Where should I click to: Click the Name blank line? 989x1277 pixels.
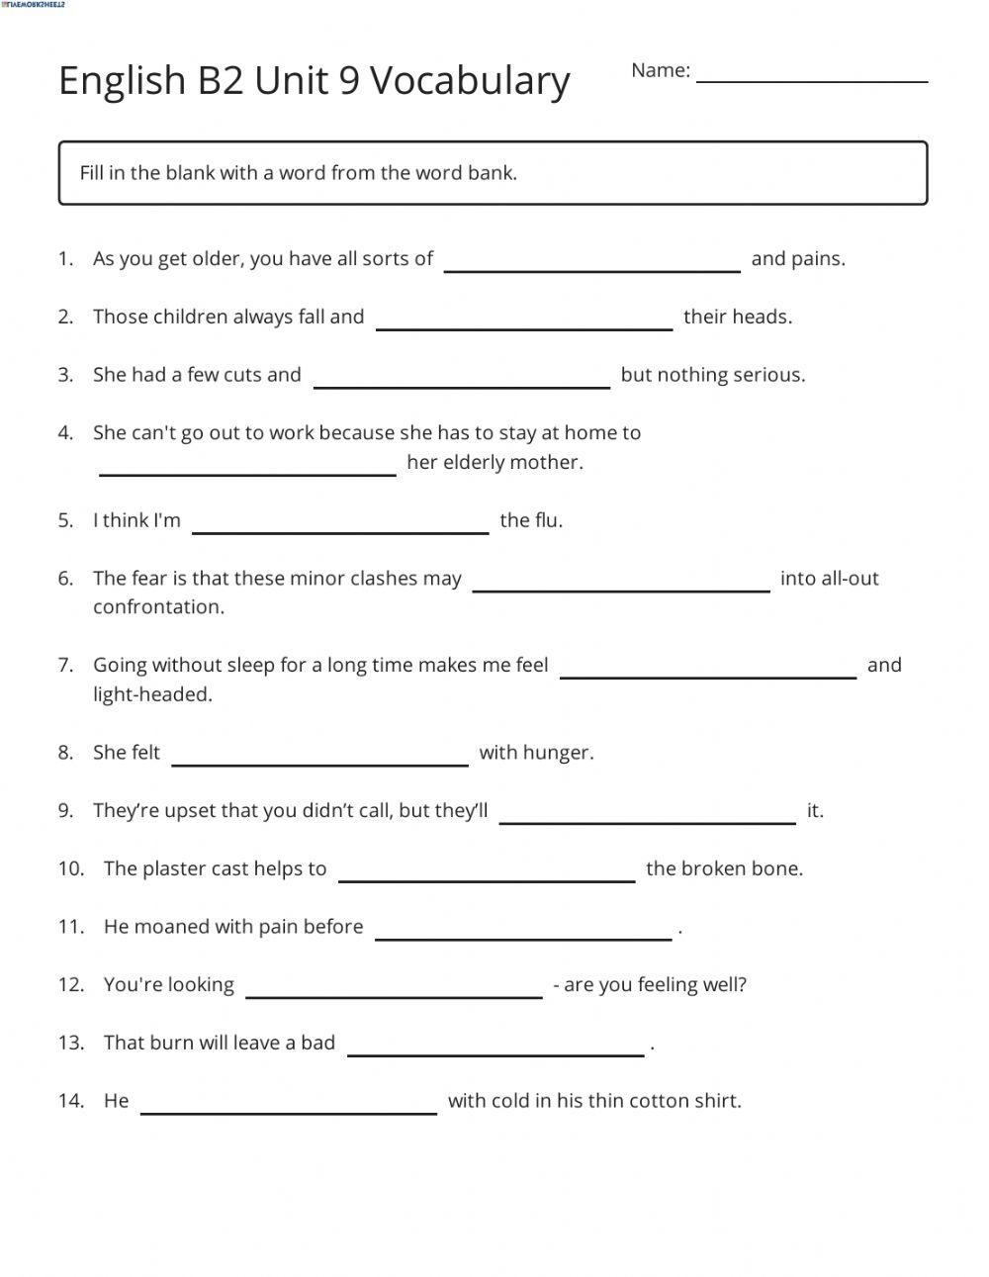click(x=812, y=78)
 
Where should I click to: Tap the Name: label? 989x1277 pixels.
click(x=660, y=70)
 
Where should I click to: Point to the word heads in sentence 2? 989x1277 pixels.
click(x=764, y=318)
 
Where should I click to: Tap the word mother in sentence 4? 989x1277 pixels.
click(x=550, y=463)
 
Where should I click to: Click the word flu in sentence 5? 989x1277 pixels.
click(x=547, y=520)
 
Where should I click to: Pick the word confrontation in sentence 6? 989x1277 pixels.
click(x=158, y=607)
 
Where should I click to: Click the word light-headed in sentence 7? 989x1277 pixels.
click(x=152, y=694)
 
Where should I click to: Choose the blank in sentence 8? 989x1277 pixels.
click(x=319, y=762)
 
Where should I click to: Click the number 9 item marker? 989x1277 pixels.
click(x=65, y=811)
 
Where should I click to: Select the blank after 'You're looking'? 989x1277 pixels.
click(x=394, y=994)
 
